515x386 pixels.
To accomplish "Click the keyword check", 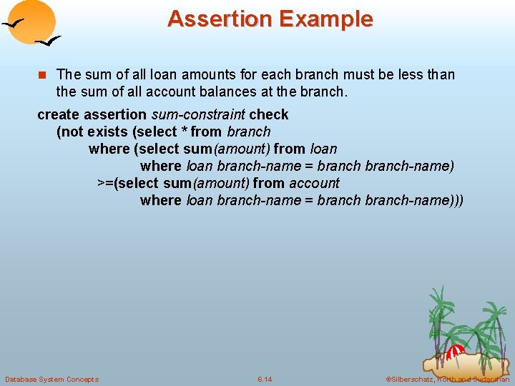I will (269, 114).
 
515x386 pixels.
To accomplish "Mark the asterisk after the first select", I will (184, 132).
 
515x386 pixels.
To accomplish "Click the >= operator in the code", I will (105, 183).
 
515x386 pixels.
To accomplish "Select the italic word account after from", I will (314, 183).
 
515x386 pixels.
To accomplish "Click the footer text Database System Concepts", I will (51, 379).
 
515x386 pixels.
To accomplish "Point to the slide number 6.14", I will (265, 379).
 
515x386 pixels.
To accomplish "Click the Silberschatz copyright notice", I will (447, 379).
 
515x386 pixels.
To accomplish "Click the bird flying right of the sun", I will (48, 41).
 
